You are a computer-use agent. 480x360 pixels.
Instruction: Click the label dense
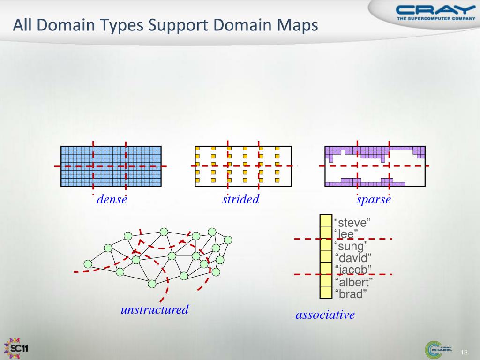coord(112,200)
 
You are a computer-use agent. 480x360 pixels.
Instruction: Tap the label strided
coord(240,200)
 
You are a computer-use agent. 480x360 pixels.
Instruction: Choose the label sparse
coord(374,200)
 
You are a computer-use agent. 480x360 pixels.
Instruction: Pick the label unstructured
coord(155,309)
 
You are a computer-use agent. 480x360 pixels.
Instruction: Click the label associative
coord(325,315)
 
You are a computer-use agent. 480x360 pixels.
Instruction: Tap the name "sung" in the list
coord(351,246)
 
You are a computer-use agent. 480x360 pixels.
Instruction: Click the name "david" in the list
coord(352,258)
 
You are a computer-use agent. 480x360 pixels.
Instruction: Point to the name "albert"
coord(353,282)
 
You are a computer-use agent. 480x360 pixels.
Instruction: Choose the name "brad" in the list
coord(351,294)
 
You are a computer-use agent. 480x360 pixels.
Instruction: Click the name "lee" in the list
coord(347,233)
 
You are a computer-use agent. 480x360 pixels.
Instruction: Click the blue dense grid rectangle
coord(111,166)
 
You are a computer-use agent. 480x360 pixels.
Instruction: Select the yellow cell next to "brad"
coord(326,292)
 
